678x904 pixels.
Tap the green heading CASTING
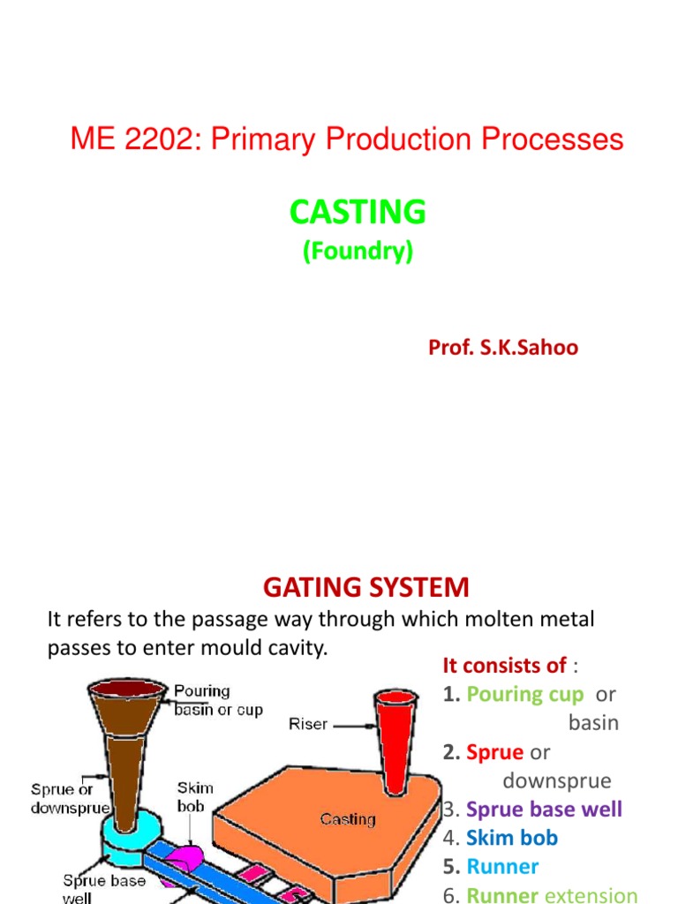[x=358, y=212]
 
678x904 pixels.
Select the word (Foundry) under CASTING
[x=358, y=252]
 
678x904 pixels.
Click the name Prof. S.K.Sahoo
[x=503, y=347]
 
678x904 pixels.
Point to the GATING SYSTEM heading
[x=366, y=587]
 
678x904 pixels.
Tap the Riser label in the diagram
[x=308, y=725]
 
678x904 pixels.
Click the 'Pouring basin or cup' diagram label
[x=218, y=700]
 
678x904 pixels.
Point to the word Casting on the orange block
[x=348, y=819]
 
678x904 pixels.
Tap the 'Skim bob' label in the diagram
[x=195, y=795]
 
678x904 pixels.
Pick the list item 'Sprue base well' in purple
[x=544, y=809]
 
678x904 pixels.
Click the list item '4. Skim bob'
[x=501, y=838]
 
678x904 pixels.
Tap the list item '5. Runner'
[x=491, y=867]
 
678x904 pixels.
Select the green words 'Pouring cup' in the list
[x=524, y=694]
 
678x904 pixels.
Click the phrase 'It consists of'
[x=504, y=665]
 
